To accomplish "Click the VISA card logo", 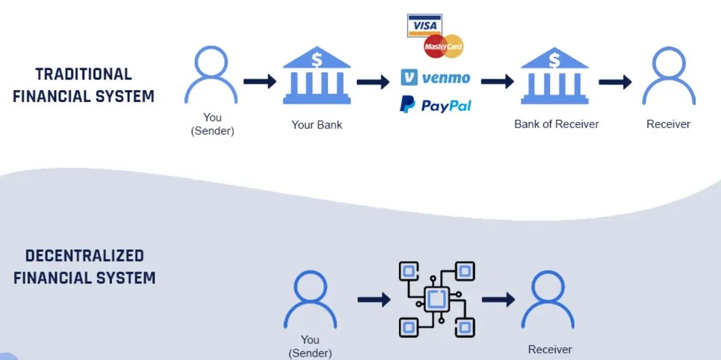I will point(424,25).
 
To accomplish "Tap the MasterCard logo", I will point(443,46).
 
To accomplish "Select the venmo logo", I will point(436,78).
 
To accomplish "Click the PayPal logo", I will point(436,105).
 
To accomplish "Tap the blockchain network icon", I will point(437,299).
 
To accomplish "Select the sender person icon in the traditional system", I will point(211,75).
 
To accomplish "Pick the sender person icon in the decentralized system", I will point(310,299).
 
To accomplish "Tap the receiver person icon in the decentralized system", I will point(547,299).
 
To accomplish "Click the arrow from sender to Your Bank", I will point(260,81).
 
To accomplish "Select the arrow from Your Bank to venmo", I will point(373,82).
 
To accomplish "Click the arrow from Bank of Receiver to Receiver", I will point(615,82).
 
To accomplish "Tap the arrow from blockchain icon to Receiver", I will point(498,299).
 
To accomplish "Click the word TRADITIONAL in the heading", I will point(84,75).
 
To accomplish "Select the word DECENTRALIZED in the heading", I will point(84,255).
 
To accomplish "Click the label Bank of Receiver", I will point(556,124).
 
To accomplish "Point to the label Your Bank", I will point(317,125).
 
